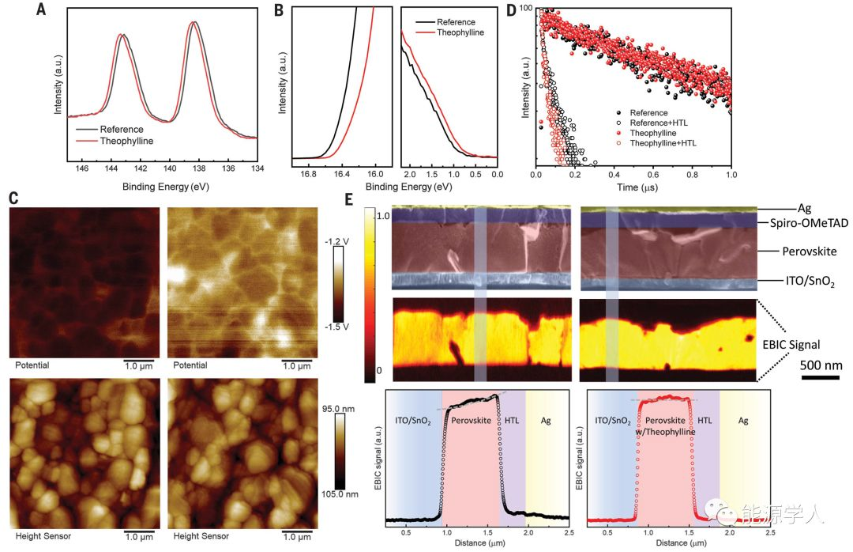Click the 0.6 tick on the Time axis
pyautogui.click(x=653, y=172)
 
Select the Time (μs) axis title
pyautogui.click(x=634, y=187)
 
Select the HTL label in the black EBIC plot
pyautogui.click(x=509, y=422)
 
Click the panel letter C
pyautogui.click(x=13, y=201)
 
